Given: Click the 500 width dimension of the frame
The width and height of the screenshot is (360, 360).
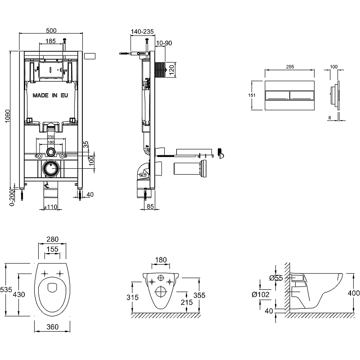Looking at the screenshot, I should tap(51, 31).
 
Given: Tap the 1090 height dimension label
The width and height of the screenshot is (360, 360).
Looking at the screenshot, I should tap(7, 119).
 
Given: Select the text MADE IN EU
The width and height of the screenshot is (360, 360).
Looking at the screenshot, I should tap(50, 95).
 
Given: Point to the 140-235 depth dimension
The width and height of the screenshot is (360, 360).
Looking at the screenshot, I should tap(142, 31).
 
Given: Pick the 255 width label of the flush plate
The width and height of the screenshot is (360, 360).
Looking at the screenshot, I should tap(290, 67).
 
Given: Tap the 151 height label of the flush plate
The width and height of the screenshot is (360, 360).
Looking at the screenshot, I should tap(252, 95).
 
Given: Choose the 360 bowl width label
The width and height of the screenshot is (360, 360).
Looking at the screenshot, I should tap(53, 327).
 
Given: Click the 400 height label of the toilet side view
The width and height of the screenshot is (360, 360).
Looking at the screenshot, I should tap(354, 293).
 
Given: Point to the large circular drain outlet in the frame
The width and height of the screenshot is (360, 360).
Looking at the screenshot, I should tap(51, 169).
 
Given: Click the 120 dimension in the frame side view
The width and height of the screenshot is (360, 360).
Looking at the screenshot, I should tap(171, 70).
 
